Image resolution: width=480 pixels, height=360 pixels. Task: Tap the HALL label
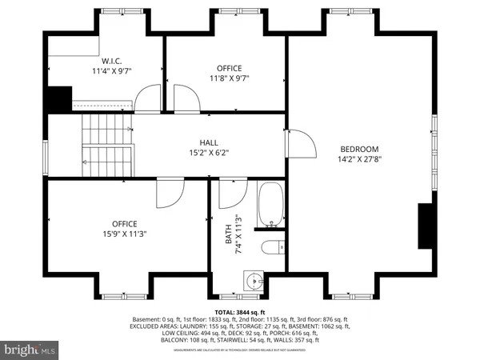(208, 142)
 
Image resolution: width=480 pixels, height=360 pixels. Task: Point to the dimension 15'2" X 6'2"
(208, 154)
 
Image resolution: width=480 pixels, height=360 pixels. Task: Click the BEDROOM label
(359, 149)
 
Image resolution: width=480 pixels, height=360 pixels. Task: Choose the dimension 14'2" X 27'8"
(359, 160)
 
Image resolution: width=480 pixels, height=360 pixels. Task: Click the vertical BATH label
(227, 234)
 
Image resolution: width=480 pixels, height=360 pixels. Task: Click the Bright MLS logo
(30, 350)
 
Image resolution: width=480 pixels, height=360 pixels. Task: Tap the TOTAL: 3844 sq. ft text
(239, 312)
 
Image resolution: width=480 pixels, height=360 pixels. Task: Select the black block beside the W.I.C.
(58, 99)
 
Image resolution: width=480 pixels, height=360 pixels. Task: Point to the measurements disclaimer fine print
(239, 348)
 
